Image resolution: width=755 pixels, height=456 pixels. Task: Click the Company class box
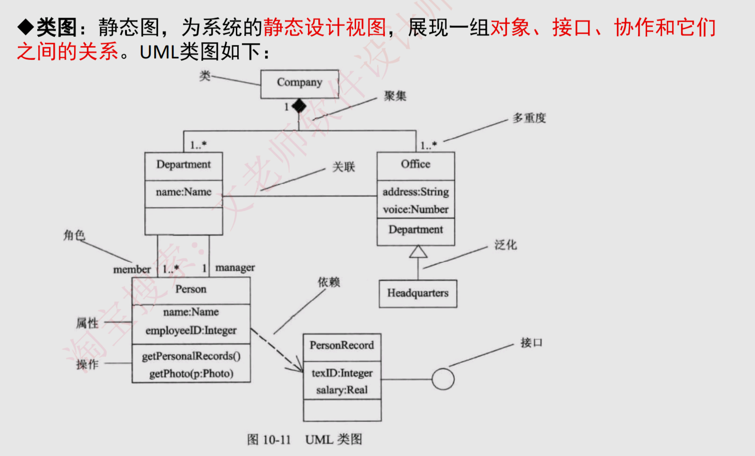tap(299, 84)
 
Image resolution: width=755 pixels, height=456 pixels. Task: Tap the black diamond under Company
tap(299, 106)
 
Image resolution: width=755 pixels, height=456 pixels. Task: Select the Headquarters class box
tap(418, 294)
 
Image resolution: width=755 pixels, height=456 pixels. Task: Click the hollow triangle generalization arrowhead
tap(418, 252)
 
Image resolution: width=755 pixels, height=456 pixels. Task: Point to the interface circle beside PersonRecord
tap(443, 379)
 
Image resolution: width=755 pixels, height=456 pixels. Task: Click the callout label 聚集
tap(395, 96)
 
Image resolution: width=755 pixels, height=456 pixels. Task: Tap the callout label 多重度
tap(529, 118)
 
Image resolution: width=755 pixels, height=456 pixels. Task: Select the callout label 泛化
tap(506, 245)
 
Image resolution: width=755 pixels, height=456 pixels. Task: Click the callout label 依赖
tap(329, 282)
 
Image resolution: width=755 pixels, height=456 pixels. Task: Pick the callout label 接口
tap(531, 343)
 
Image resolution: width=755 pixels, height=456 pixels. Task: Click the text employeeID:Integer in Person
tap(191, 330)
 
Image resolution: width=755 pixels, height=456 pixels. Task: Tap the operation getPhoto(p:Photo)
tap(191, 374)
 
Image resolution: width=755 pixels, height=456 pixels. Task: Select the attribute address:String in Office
tap(415, 192)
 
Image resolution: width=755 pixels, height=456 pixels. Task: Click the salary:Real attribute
tap(342, 390)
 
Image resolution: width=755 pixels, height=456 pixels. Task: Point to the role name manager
tap(235, 268)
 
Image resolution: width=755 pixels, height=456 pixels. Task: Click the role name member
tap(132, 270)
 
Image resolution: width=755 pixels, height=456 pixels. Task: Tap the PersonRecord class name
tap(342, 346)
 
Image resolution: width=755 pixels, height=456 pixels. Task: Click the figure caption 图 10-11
tap(269, 440)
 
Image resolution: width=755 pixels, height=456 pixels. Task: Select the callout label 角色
tap(74, 235)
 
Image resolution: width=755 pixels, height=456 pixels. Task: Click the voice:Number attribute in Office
tap(415, 210)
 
